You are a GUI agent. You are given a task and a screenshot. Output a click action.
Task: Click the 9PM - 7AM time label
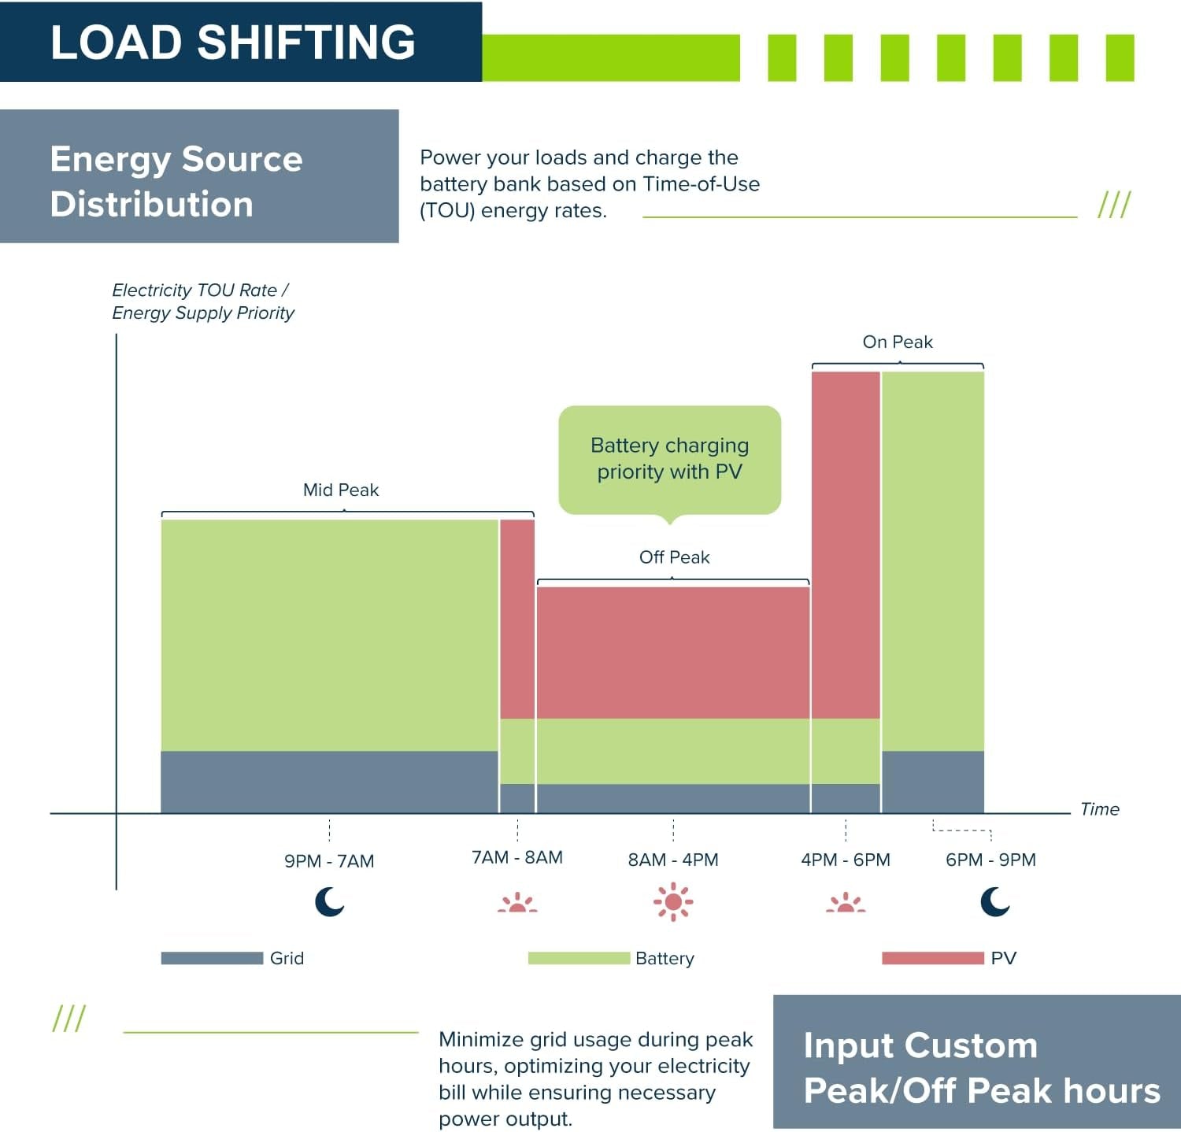tap(329, 860)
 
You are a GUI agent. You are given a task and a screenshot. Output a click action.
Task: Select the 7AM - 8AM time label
tap(517, 856)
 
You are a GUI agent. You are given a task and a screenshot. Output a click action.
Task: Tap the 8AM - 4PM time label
tap(673, 860)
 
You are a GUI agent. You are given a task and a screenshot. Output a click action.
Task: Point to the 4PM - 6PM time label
tap(846, 860)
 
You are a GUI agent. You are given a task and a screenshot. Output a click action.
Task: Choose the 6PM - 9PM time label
tap(990, 860)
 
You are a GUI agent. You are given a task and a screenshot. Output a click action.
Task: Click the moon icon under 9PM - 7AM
tap(330, 901)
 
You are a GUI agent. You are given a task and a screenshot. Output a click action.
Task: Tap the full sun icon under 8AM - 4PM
tap(673, 901)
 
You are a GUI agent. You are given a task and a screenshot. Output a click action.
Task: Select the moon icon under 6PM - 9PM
tap(995, 901)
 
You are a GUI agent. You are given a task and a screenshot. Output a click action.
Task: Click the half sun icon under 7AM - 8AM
tap(517, 902)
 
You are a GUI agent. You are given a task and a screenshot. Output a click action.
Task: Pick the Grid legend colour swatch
tap(212, 958)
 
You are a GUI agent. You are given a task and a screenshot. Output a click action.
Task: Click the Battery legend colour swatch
tap(579, 958)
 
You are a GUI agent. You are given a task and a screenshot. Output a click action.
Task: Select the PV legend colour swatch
tap(933, 958)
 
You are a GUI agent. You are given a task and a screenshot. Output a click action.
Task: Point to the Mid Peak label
tap(341, 490)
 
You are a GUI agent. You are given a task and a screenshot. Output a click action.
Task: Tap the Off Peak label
tap(674, 557)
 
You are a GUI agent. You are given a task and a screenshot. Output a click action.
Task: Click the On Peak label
tap(898, 342)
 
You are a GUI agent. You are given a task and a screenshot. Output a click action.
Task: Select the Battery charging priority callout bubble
tap(670, 460)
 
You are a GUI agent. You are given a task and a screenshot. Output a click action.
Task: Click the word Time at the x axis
tap(1100, 809)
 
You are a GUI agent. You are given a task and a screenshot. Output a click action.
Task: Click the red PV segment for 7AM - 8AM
tap(517, 619)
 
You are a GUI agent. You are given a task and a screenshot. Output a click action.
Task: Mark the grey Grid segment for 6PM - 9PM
tap(933, 782)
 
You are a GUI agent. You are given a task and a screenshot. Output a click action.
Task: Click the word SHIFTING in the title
tap(306, 42)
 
